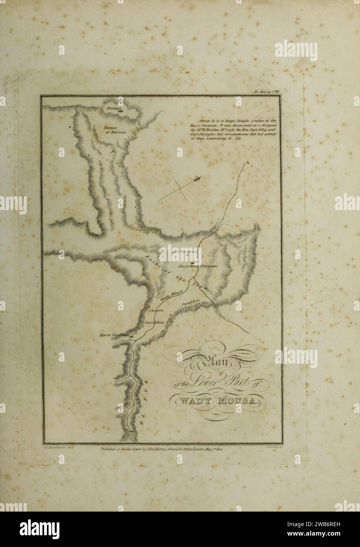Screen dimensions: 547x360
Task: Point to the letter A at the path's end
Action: (247, 162)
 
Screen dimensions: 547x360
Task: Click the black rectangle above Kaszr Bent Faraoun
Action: (192, 262)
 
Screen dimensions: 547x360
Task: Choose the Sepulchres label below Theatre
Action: (153, 322)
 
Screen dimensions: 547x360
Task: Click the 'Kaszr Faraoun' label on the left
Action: (114, 334)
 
